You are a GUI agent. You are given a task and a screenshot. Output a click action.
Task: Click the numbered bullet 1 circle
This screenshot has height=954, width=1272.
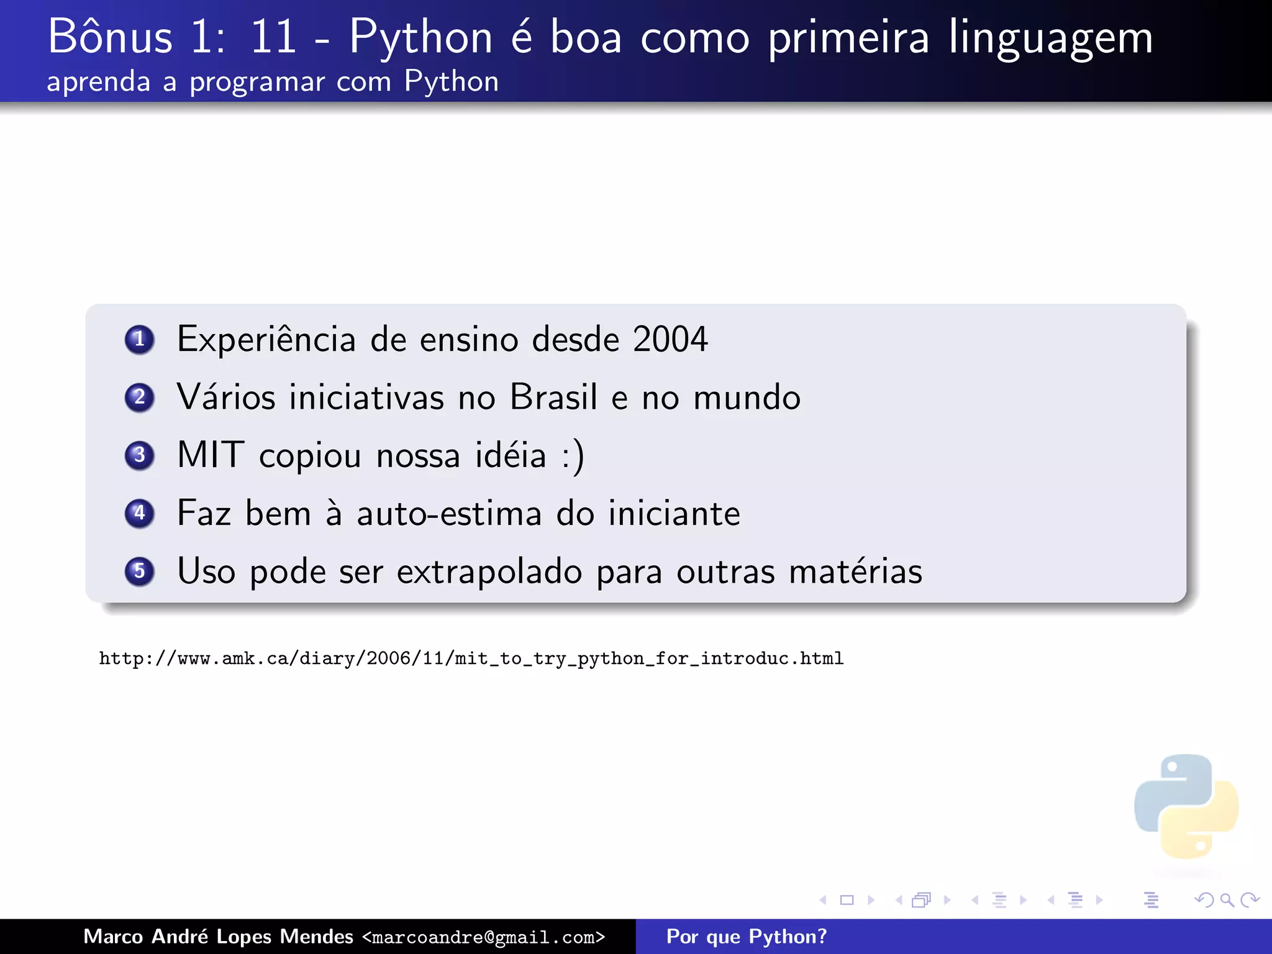(139, 339)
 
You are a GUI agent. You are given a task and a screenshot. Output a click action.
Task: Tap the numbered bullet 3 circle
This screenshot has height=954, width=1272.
(139, 455)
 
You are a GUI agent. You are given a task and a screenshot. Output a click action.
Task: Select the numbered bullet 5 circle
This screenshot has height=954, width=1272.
(139, 571)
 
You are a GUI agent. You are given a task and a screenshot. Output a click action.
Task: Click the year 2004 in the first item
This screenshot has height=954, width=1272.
(670, 339)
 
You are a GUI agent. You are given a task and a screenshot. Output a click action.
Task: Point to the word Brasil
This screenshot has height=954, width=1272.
(553, 397)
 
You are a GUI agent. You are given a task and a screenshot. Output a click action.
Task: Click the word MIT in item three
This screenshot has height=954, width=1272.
(210, 455)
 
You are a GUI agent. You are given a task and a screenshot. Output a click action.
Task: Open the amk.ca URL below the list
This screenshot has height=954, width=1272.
(471, 658)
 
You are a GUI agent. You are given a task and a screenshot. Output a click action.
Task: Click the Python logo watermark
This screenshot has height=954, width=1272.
(1186, 806)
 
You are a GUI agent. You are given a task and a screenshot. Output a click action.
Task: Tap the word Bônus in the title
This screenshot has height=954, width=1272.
(110, 37)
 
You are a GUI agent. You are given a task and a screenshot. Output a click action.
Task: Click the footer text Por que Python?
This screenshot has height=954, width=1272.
(747, 937)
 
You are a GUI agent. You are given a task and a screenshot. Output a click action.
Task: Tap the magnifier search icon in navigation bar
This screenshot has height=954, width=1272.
(1227, 900)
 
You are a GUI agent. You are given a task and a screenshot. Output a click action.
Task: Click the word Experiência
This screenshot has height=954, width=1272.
(266, 339)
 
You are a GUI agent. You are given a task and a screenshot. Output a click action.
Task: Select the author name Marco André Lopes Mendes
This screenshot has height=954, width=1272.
(218, 937)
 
